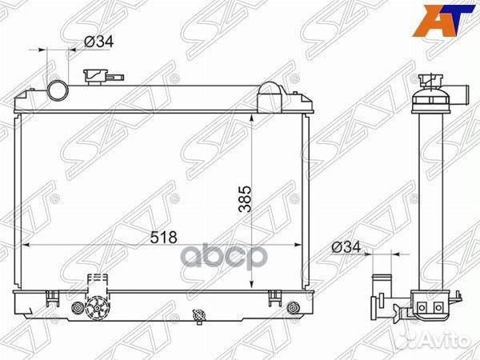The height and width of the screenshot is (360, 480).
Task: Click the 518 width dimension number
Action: tap(163, 237)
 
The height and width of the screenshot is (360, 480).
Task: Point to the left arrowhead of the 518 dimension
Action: tap(24, 244)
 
